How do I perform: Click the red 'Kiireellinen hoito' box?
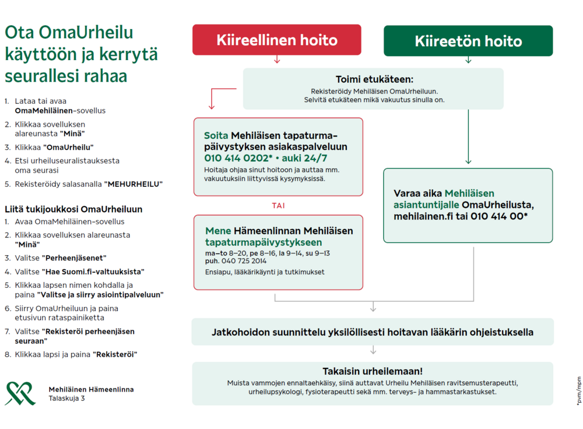[x=276, y=40]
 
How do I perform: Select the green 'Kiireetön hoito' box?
[x=468, y=41]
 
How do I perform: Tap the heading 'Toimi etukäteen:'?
[x=374, y=79]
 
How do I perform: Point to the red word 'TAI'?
[x=278, y=205]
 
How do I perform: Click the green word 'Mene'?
[x=218, y=231]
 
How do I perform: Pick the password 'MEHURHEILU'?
[x=133, y=184]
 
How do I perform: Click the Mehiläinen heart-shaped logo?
[x=20, y=393]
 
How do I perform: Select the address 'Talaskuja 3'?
[x=66, y=398]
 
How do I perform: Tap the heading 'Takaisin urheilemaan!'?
[x=373, y=371]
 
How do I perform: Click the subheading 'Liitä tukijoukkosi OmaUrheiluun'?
[x=73, y=209]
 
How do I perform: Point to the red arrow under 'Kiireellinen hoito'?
[x=277, y=60]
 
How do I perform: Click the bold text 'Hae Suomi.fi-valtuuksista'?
[x=93, y=271]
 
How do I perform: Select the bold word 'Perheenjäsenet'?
[x=74, y=257]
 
